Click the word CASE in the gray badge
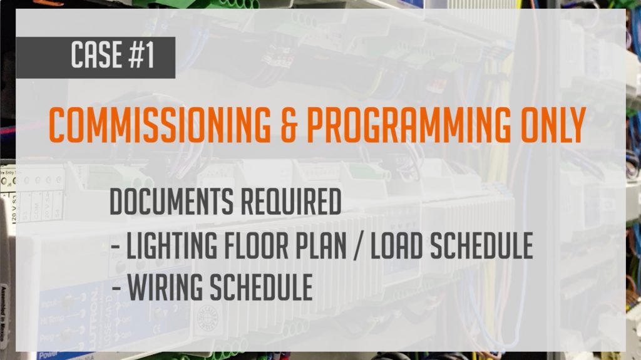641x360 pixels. coord(96,54)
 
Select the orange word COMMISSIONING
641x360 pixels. coord(160,125)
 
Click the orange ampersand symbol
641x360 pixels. coord(288,125)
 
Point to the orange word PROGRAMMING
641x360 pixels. coord(409,125)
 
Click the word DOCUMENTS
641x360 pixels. coord(172,202)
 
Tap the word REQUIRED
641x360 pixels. coord(290,202)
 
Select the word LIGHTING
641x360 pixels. coord(172,245)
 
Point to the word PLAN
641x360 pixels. coord(320,245)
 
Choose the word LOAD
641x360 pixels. coord(396,245)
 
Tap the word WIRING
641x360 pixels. coord(165,287)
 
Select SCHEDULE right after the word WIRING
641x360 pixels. coord(261,287)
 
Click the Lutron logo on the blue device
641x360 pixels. coord(93,314)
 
